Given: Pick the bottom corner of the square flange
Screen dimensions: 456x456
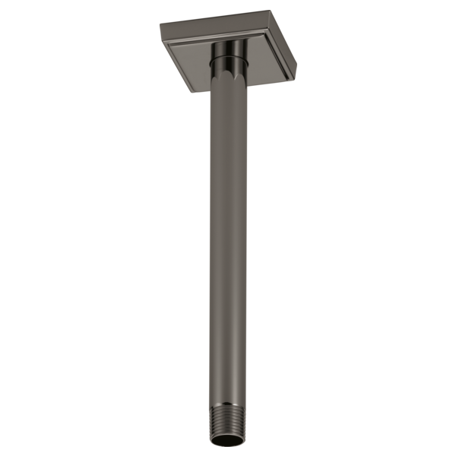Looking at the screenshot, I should [188, 94].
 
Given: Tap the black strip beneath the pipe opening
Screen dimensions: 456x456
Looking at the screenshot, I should [228, 451].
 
